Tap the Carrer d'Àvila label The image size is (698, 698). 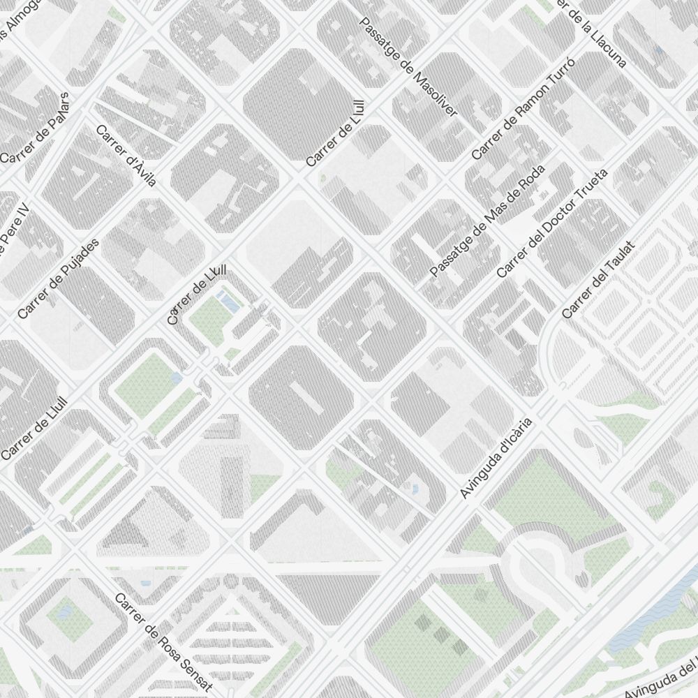point(126,155)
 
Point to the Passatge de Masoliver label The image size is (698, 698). point(408,66)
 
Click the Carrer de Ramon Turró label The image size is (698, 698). point(523,109)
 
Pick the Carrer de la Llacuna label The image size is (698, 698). point(592,31)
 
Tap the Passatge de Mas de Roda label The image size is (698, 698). point(487,221)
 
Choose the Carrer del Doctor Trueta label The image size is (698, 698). point(552,223)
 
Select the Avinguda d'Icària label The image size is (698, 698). point(496,458)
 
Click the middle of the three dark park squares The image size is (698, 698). point(441,634)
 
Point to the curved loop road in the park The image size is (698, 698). point(551,551)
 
